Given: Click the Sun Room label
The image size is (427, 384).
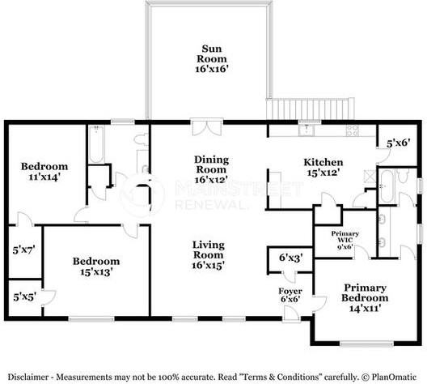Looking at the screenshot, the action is tap(212, 59).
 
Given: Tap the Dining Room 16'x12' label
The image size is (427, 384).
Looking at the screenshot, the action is tap(211, 169).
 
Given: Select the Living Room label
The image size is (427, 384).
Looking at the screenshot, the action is tap(209, 254).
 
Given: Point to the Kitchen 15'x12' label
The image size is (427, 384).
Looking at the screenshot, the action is tap(323, 167).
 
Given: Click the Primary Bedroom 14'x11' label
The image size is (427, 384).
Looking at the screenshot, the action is tap(365, 297).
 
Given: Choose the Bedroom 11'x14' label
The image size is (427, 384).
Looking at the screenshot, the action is tap(44, 172).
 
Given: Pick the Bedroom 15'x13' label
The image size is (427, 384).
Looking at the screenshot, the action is tap(96, 267).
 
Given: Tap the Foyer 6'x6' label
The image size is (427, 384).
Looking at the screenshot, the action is tap(290, 295).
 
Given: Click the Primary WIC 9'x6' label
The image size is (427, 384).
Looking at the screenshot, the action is tap(345, 241).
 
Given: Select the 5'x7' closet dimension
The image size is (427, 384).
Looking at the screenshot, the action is tap(24, 250).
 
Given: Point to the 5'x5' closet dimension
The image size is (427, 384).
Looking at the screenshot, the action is tap(25, 297).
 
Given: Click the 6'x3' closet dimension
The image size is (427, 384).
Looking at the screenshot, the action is tap(291, 258).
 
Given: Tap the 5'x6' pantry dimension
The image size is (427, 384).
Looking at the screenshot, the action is tap(399, 143).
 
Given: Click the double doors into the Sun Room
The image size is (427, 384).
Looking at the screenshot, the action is tap(207, 127).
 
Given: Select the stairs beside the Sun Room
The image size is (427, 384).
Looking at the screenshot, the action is tap(311, 109).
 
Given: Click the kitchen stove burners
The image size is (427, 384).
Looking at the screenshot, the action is tap(353, 130).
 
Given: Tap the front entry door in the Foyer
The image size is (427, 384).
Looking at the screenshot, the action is tap(291, 314).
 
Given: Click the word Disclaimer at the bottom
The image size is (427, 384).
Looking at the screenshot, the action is tap(28, 378).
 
